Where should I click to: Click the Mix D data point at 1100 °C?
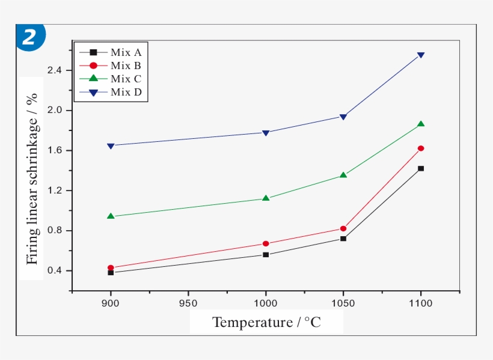tap(421, 55)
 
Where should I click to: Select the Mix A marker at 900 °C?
tap(111, 272)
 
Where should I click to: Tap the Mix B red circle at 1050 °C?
tap(343, 228)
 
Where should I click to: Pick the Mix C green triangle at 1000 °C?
tap(266, 198)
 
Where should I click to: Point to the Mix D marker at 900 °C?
tap(111, 146)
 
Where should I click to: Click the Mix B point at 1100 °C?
tap(421, 148)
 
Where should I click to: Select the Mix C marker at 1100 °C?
tap(421, 124)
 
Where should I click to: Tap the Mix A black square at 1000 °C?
tap(266, 255)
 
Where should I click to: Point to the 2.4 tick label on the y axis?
tap(54, 70)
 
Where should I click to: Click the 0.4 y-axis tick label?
tap(54, 271)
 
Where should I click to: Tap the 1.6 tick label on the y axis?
tap(54, 151)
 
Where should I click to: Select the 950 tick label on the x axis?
tap(188, 304)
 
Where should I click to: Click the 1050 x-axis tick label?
tap(343, 304)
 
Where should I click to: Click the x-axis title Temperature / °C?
tap(266, 323)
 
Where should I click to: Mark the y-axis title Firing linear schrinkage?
tap(32, 178)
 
